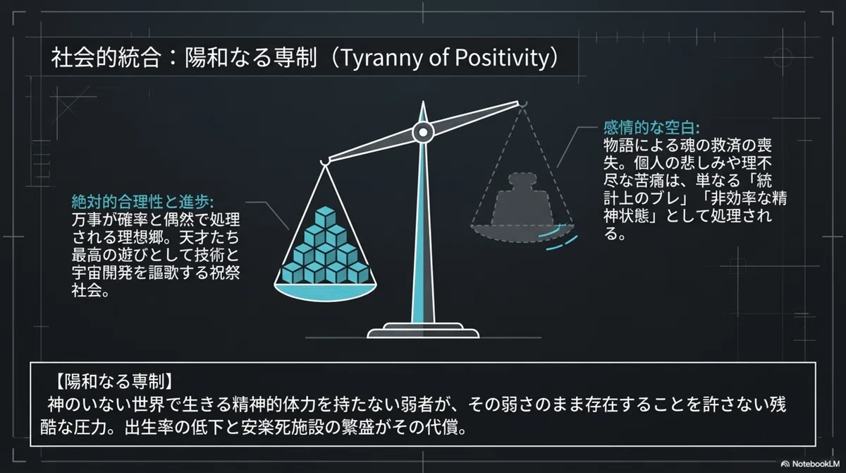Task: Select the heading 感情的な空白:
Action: [651, 128]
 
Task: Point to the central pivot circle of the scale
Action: [423, 132]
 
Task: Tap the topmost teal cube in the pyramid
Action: [326, 217]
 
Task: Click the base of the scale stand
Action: [423, 331]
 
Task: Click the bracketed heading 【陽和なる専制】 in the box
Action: [114, 381]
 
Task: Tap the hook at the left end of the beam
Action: [324, 162]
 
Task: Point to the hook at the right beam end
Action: [522, 104]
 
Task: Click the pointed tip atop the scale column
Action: [423, 102]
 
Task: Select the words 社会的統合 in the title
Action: [106, 58]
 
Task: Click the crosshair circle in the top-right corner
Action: [783, 57]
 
